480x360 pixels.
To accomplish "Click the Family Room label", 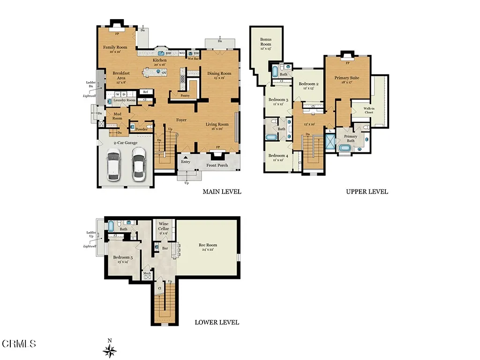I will [115, 47].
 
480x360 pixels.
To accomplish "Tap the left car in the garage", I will [114, 165].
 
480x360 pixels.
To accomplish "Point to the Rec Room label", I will [208, 245].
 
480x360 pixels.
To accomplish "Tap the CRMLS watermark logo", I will [19, 344].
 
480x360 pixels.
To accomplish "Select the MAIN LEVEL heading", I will [222, 192].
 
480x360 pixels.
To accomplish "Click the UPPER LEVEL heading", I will [367, 192].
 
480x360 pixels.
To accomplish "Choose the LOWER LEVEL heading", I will [217, 322].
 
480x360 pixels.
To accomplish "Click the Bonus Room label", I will [266, 42].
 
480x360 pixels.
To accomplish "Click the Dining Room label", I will [219, 74].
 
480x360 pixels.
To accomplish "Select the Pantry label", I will [185, 95].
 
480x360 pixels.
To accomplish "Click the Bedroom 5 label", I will [123, 257].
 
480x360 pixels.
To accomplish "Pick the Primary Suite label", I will [347, 78].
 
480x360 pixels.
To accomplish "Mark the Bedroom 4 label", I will [278, 156].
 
